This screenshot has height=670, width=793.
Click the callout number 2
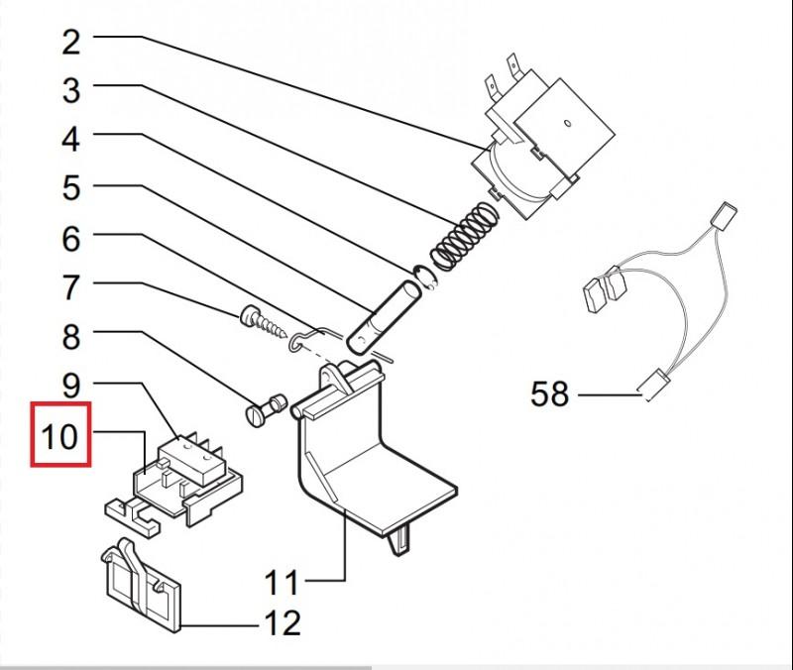click(70, 43)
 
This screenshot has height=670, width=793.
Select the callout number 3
click(70, 91)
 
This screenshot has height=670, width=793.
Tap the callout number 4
click(70, 139)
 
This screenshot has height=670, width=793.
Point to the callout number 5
click(70, 187)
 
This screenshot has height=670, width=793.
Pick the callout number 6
click(70, 239)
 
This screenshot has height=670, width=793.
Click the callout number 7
click(70, 288)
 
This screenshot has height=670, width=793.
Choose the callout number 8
click(70, 337)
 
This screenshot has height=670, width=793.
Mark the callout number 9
click(70, 385)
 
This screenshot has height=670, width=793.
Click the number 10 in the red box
click(60, 435)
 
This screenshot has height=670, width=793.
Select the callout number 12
click(282, 623)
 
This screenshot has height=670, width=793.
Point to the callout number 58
click(550, 394)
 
